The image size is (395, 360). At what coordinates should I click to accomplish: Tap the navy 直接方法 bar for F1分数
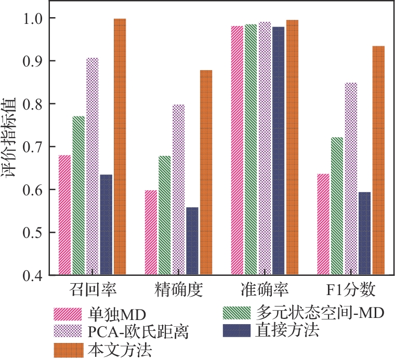point(364,233)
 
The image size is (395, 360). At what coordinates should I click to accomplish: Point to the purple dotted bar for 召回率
point(93,166)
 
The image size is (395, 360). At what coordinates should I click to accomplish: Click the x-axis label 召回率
point(93,289)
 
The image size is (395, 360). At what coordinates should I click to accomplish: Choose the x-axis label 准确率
point(265,289)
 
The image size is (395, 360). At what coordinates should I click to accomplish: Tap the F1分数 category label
point(351,289)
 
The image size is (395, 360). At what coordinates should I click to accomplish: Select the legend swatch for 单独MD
point(68,314)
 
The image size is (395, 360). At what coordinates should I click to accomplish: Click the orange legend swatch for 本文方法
point(68,349)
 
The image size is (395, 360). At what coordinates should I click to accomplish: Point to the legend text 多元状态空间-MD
point(319,312)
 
